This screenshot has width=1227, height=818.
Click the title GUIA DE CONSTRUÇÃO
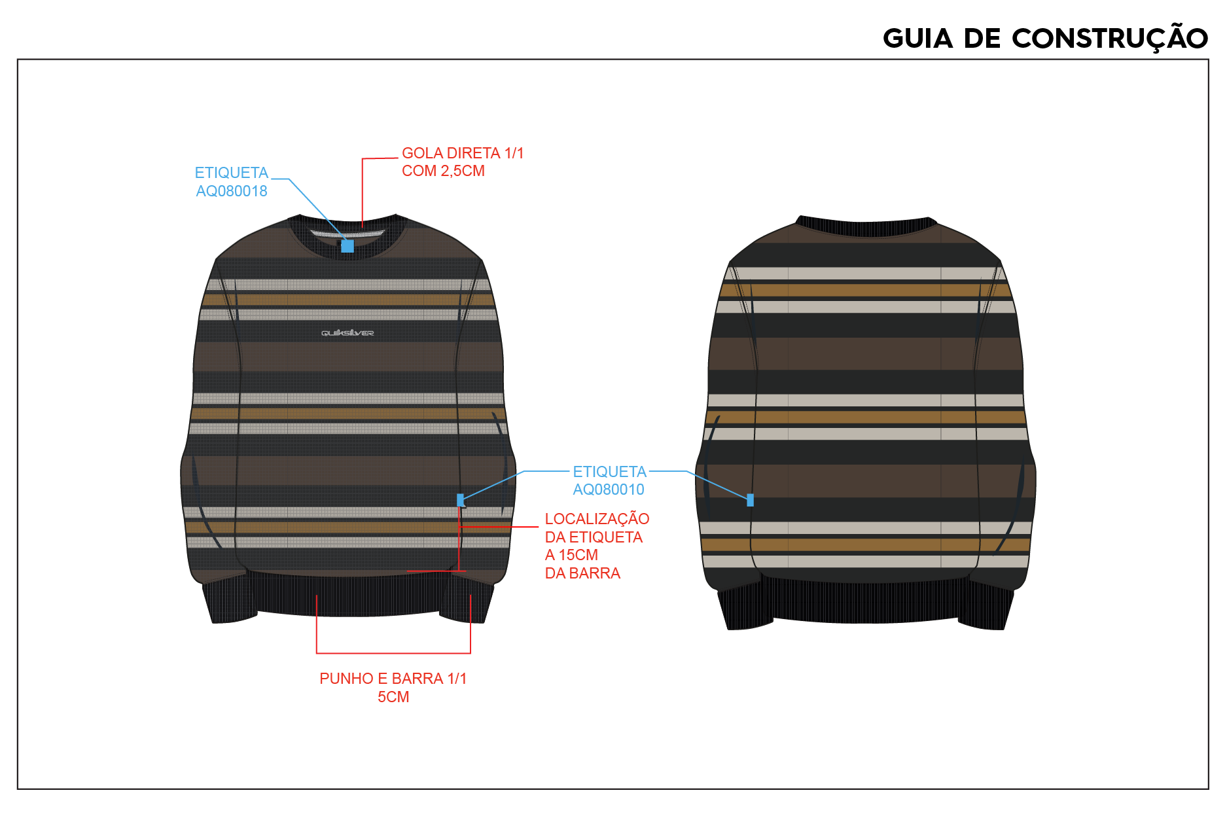[1045, 39]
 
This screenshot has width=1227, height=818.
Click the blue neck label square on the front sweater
[347, 246]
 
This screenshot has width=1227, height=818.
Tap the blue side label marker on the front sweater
[461, 500]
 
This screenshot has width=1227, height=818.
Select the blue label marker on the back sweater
[750, 500]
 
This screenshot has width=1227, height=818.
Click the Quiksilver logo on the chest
[347, 333]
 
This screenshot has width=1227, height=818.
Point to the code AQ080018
[232, 191]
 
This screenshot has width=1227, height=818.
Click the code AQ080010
[609, 489]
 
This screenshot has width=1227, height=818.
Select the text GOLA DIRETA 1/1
[463, 153]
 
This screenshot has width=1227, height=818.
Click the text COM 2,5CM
[443, 171]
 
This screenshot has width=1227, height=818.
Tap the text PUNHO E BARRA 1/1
[393, 679]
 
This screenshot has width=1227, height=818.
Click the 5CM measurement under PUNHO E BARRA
[393, 697]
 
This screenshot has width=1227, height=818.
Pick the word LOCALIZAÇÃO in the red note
[597, 519]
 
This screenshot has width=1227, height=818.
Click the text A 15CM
[571, 555]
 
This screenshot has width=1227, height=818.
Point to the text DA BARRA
[582, 573]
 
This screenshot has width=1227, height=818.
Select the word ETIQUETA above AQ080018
[232, 173]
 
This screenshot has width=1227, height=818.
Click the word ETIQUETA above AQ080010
[609, 472]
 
